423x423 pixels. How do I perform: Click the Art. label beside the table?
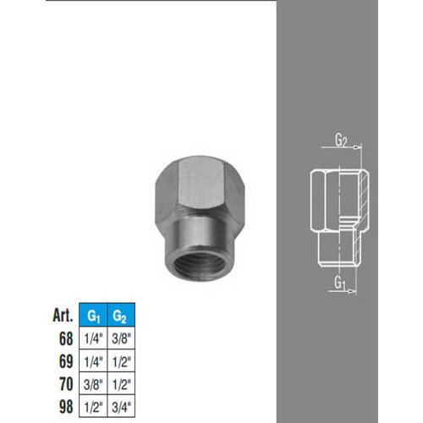tap(63, 315)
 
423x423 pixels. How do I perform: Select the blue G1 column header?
tap(93, 315)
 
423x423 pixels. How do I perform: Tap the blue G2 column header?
tap(121, 315)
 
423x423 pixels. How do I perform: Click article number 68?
tap(66, 338)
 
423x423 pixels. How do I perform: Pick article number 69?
tap(66, 361)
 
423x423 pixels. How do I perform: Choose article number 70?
tap(66, 384)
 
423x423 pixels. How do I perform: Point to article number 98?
tap(66, 406)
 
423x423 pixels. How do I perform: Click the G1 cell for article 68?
tap(93, 338)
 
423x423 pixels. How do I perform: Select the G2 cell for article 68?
tap(121, 338)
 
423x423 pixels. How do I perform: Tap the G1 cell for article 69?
tap(93, 360)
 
